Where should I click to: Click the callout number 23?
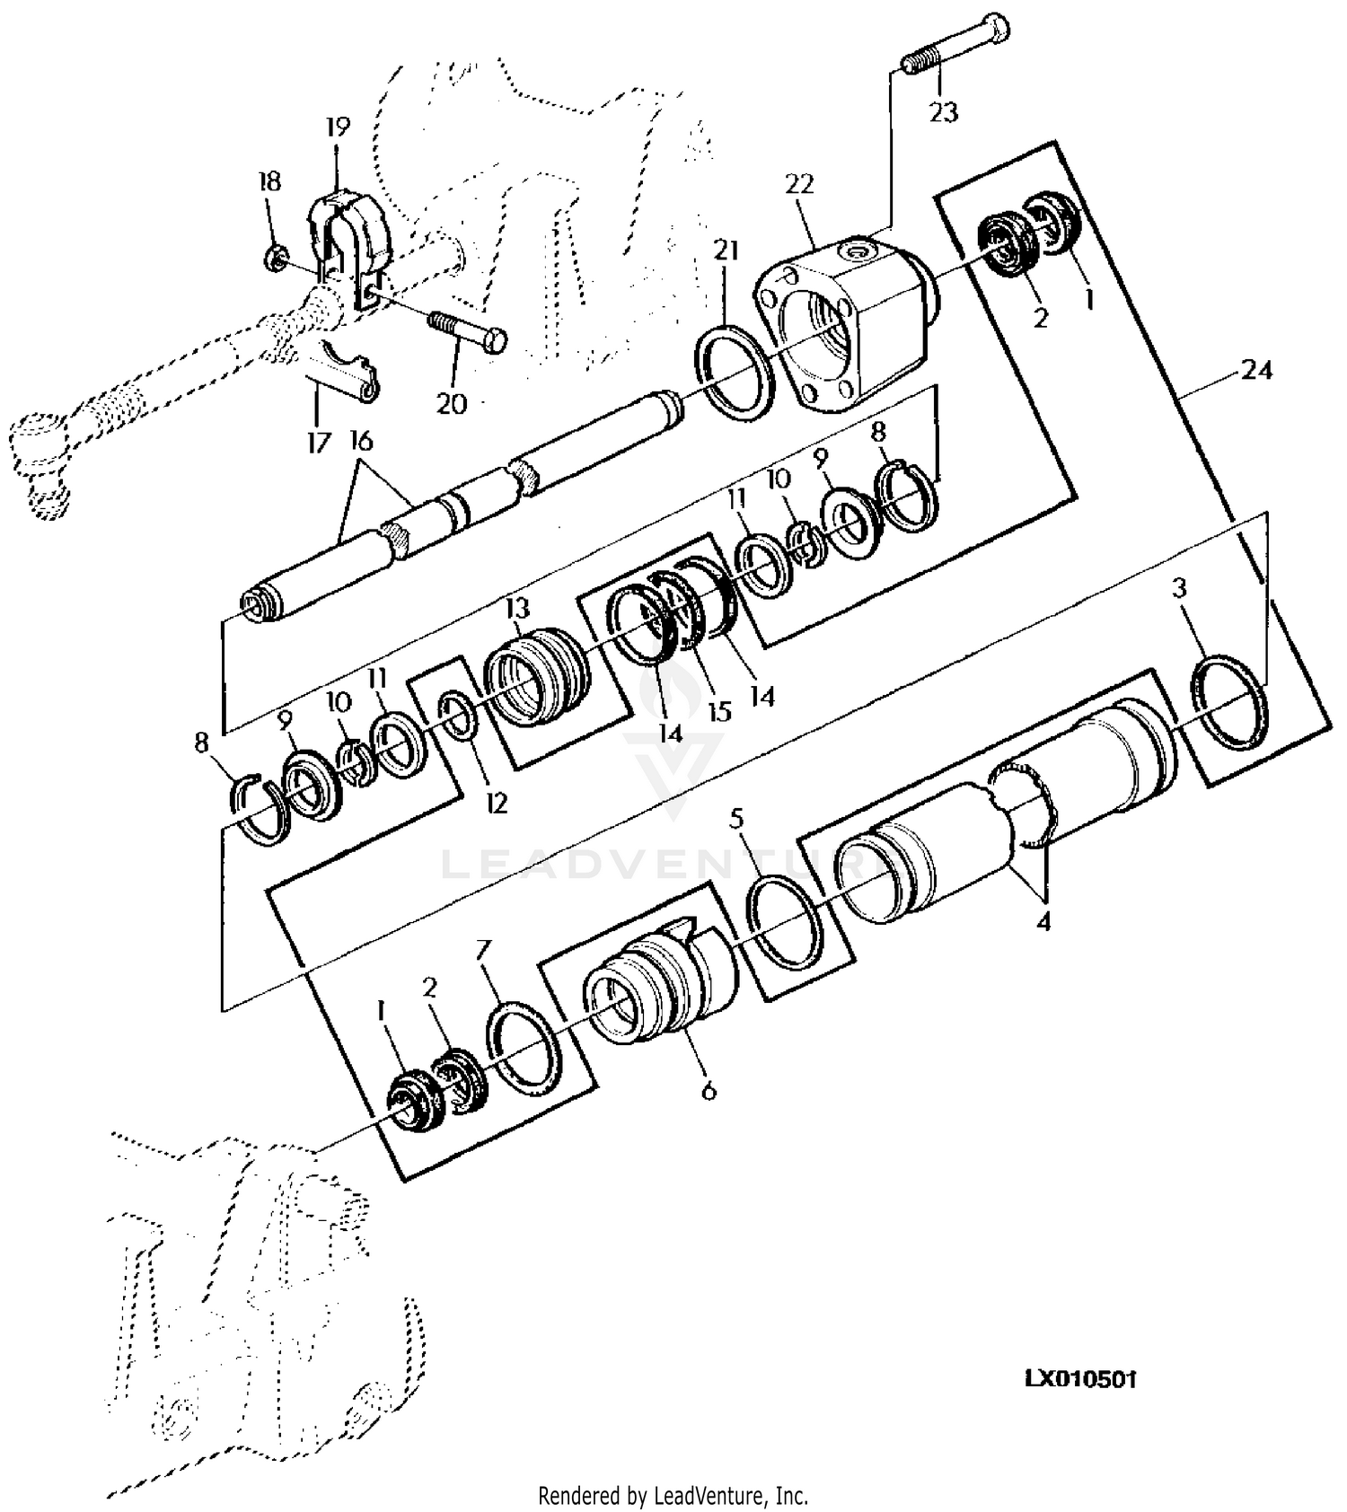[944, 112]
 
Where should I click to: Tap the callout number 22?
[798, 183]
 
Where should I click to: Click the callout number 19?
[338, 127]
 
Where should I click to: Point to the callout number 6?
[709, 1091]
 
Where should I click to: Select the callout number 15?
[718, 711]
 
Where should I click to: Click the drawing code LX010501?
[1081, 1378]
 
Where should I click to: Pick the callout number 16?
[361, 442]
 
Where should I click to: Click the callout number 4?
[1043, 921]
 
